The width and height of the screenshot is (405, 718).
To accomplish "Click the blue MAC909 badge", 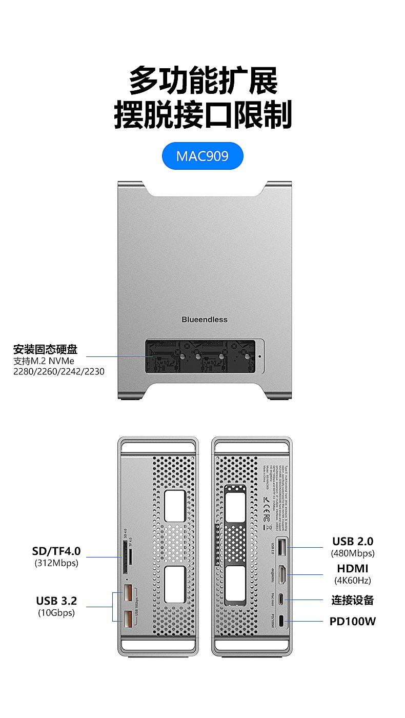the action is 202,156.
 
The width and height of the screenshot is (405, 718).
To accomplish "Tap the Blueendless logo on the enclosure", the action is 204,320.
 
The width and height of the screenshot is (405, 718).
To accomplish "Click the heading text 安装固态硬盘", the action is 45,350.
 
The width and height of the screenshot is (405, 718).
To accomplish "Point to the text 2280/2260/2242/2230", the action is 58,371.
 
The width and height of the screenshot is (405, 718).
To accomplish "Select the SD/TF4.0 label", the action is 56,551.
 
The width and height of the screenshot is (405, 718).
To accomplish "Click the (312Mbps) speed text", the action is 56,563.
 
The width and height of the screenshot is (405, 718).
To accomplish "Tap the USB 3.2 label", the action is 56,601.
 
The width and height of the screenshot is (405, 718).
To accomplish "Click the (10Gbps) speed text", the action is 56,612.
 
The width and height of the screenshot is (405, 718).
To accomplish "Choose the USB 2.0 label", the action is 353,541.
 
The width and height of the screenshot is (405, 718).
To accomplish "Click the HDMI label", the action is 353,568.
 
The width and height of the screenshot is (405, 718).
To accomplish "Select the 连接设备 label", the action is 353,600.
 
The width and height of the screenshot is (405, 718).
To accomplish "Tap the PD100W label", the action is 353,621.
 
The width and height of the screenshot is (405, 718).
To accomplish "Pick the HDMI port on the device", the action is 282,575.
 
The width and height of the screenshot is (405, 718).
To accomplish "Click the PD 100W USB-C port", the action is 282,622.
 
